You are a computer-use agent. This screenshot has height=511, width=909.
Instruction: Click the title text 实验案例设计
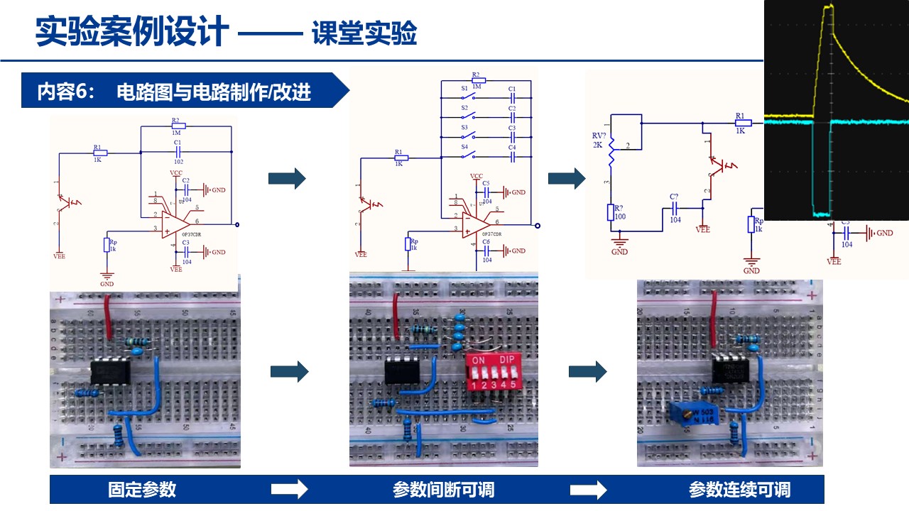pos(132,32)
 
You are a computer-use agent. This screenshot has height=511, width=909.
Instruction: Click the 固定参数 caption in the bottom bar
pos(142,489)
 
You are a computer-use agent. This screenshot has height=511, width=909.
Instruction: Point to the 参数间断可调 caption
pos(443,489)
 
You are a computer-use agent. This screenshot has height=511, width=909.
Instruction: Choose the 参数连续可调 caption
pos(739,489)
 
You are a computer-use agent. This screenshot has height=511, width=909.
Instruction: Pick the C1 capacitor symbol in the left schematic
pos(178,150)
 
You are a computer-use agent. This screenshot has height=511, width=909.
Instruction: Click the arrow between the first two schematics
pos(287,179)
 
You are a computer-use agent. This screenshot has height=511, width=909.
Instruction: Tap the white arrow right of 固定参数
pos(290,489)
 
